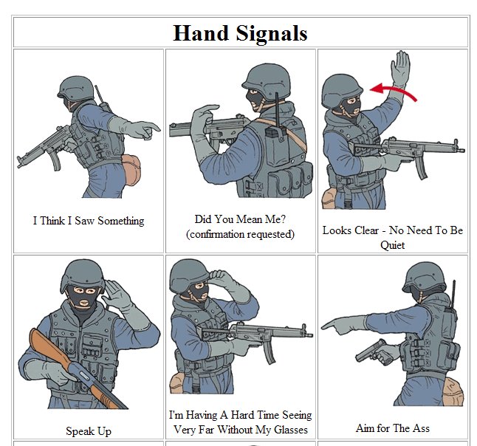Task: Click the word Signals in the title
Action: (272, 34)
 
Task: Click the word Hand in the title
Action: (201, 32)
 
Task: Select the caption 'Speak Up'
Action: (89, 431)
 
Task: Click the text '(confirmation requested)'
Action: (240, 234)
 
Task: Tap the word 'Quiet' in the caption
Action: (392, 245)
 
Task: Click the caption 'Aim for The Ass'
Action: (392, 428)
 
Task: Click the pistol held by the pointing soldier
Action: (374, 353)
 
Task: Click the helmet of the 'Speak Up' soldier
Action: (83, 275)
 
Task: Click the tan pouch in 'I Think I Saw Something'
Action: (131, 170)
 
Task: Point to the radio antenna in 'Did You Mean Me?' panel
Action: (277, 110)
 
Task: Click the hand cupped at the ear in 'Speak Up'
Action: (115, 295)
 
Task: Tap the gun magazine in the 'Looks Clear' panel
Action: (422, 167)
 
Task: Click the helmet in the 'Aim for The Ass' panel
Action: (425, 278)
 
